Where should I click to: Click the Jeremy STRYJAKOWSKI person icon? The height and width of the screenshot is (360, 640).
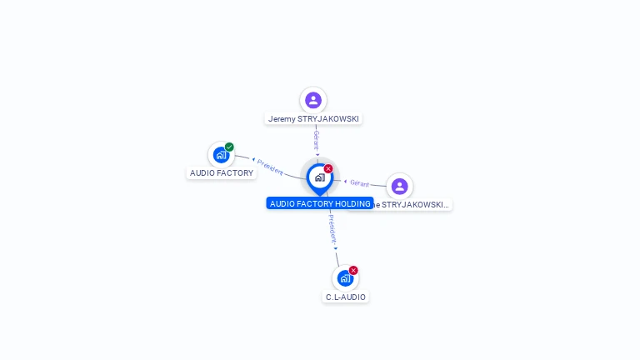[x=313, y=100]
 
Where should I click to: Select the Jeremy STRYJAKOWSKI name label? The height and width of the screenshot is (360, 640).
[x=313, y=119]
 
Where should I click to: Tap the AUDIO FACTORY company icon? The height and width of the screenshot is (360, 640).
[x=221, y=154]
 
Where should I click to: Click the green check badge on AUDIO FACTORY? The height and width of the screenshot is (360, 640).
[x=229, y=147]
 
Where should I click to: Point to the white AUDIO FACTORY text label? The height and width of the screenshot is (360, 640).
[x=222, y=173]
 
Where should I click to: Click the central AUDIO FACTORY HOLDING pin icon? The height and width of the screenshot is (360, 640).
[x=319, y=177]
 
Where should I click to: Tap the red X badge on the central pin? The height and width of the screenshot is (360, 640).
[x=328, y=169]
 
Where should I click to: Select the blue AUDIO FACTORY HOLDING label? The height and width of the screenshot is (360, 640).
[x=320, y=203]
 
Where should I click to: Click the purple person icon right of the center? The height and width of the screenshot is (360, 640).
[x=399, y=186]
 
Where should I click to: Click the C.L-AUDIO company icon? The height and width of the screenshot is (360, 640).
[x=345, y=278]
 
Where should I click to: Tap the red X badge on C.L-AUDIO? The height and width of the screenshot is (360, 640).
[x=353, y=271]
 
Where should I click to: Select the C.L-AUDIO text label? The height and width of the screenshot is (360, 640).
[x=346, y=297]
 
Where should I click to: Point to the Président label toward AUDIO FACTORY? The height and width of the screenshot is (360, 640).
[x=270, y=167]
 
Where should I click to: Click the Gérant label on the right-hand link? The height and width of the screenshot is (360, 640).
[x=360, y=183]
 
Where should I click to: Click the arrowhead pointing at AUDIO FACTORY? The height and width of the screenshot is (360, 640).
[x=253, y=159]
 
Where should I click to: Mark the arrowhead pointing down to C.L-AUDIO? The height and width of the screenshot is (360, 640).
[x=336, y=248]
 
